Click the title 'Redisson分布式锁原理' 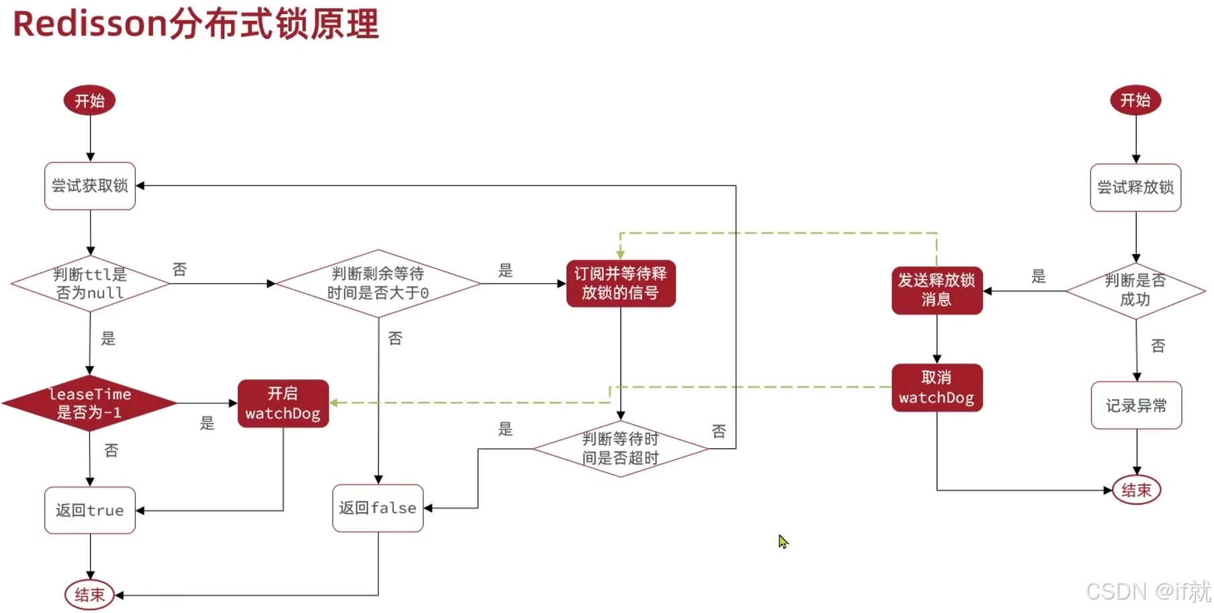[x=196, y=24]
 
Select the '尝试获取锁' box [x=90, y=186]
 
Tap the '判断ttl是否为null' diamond [x=90, y=284]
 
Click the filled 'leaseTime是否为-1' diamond [x=90, y=403]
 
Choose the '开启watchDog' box [x=283, y=403]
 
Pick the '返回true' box [x=90, y=510]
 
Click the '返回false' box [x=378, y=508]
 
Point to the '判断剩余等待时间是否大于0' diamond [x=378, y=284]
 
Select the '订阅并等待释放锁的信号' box [x=620, y=284]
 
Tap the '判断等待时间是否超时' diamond [x=620, y=449]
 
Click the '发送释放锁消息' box [x=937, y=290]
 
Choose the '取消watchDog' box [x=937, y=388]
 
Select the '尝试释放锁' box [x=1135, y=188]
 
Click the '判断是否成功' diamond [x=1135, y=290]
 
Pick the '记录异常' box [x=1136, y=405]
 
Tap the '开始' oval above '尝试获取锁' [x=89, y=101]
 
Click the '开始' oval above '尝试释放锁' [x=1135, y=100]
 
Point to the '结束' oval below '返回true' [x=89, y=595]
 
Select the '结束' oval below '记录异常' [x=1136, y=490]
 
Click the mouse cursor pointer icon [x=783, y=541]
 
